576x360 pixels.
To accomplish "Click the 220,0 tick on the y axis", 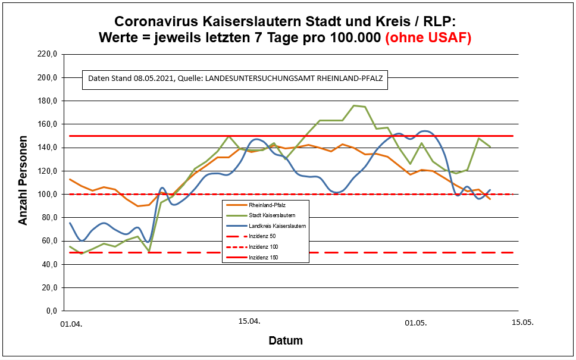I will click(47, 54).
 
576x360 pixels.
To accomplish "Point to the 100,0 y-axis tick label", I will click(47, 194).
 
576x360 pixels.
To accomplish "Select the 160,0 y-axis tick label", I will click(47, 124).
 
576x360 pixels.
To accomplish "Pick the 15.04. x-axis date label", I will click(249, 321).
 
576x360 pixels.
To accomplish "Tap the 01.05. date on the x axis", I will click(416, 324).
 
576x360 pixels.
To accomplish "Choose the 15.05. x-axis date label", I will click(523, 321).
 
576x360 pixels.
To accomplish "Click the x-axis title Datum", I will click(286, 341).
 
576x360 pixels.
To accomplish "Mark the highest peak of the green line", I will click(353, 106).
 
